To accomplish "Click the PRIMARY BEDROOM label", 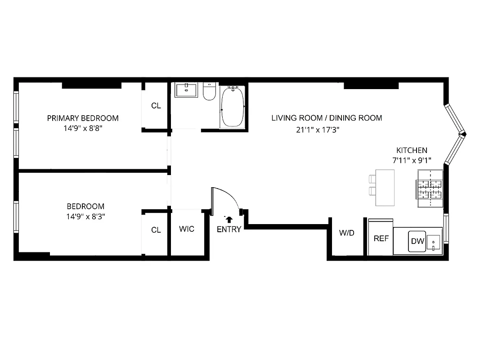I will [83, 118].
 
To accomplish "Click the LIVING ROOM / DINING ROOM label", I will [327, 118].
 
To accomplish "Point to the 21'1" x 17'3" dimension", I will [317, 130].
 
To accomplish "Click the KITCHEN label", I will [412, 150].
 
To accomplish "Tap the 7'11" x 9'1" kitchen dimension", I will [412, 160].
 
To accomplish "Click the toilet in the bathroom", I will [209, 92].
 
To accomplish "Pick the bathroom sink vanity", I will [186, 90].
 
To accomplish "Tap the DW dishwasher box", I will [417, 241].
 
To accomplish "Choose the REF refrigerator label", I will [381, 238].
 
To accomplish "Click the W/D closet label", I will [346, 233].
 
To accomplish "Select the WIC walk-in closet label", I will [187, 229].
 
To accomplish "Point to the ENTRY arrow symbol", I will [229, 219].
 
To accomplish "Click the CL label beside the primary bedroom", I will [156, 106].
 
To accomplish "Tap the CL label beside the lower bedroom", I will [156, 230].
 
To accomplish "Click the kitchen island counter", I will [385, 187].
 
